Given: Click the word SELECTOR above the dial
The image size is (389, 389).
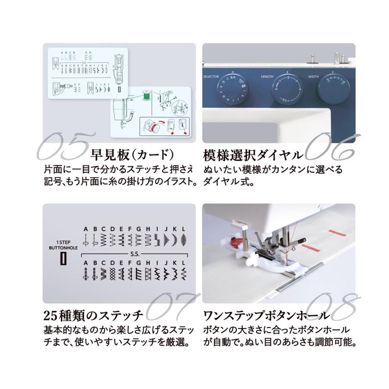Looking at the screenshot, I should [211, 77].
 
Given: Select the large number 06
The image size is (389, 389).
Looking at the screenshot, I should [331, 146].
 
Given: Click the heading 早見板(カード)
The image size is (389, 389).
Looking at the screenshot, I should [132, 155].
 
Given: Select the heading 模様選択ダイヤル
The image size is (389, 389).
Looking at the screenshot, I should [253, 155].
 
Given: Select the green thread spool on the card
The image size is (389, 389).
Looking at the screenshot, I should [146, 93].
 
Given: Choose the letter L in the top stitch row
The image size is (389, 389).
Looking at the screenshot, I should [184, 229].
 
